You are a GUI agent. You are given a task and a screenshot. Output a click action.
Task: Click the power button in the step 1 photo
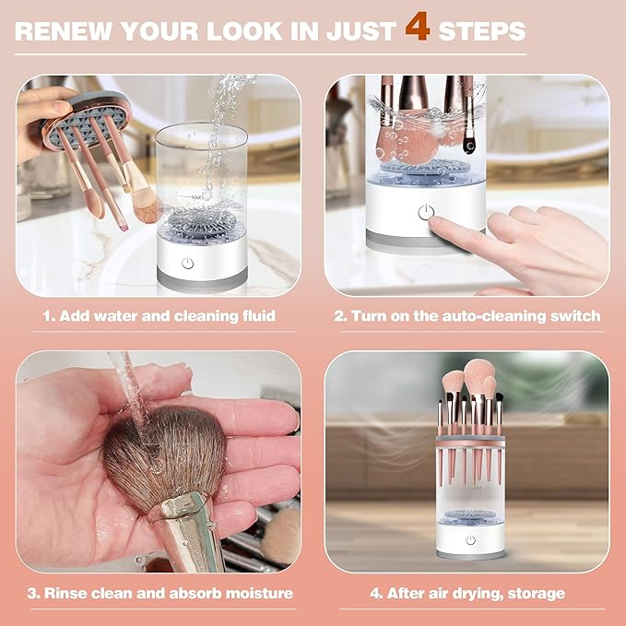188,263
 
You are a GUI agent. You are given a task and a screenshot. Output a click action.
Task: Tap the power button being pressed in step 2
425,213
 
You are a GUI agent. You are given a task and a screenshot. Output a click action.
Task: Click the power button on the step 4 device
470,540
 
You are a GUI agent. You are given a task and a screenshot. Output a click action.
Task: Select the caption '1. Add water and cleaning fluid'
159,316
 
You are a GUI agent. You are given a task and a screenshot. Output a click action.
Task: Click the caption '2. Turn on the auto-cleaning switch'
467,316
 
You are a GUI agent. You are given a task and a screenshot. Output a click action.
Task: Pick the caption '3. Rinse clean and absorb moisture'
159,593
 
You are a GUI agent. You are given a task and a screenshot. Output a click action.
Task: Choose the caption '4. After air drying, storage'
467,593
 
